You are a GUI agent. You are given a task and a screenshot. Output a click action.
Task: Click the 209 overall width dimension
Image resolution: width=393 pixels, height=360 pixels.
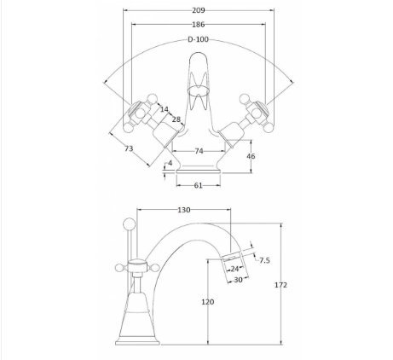[199, 10]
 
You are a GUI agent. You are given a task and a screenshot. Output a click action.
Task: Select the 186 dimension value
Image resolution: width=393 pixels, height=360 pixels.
[199, 25]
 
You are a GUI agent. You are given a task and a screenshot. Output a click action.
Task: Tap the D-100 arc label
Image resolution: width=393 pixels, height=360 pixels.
[198, 39]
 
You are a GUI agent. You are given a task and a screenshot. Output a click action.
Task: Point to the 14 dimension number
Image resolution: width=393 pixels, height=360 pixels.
[164, 109]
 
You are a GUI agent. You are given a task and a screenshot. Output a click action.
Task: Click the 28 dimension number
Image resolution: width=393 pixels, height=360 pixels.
[176, 119]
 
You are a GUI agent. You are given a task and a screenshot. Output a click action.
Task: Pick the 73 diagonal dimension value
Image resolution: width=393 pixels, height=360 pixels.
[129, 148]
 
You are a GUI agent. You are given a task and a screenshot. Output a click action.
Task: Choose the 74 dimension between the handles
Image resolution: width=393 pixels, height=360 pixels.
[199, 151]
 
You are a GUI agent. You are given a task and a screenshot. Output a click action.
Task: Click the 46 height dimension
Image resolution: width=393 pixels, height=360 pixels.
[251, 156]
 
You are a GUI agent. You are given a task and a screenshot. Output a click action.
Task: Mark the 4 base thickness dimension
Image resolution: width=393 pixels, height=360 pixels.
[170, 163]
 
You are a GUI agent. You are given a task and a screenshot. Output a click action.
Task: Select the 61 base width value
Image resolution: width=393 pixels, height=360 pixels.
[198, 185]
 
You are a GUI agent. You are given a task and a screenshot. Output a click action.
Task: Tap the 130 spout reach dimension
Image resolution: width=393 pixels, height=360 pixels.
[184, 210]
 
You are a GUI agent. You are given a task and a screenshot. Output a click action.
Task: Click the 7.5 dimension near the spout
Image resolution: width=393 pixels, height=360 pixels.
[264, 260]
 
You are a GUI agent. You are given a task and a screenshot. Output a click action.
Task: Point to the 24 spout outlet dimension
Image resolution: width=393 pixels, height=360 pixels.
[234, 269]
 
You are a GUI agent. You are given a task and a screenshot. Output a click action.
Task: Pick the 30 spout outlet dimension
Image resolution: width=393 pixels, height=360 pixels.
[238, 280]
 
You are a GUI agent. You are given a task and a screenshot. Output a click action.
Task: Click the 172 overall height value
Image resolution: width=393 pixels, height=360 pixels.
[280, 285]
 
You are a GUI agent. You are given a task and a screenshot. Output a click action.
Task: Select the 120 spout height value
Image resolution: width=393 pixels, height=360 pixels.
[208, 302]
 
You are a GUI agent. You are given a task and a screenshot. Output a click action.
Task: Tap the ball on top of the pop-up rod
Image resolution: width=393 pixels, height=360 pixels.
[129, 224]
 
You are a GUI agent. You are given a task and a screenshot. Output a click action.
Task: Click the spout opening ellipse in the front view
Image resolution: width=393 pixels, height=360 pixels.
[199, 90]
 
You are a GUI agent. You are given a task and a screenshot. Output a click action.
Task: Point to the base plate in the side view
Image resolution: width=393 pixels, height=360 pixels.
[137, 342]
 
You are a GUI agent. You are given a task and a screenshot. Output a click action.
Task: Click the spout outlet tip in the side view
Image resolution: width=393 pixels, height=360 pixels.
[232, 258]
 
